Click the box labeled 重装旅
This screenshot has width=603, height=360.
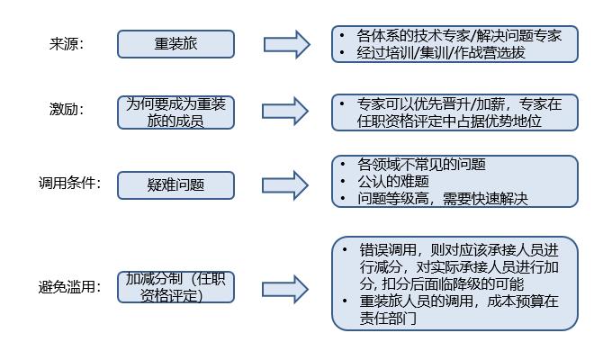point(175,44)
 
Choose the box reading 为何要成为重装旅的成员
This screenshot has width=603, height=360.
point(175,112)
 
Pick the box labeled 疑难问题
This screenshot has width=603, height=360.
point(175,185)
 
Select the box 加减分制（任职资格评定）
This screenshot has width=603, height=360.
point(175,287)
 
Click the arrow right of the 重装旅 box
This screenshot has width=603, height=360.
point(287,44)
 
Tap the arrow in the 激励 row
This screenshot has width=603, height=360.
point(285,112)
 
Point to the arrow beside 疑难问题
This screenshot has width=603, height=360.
point(285,185)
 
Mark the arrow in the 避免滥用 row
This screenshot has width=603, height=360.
point(285,289)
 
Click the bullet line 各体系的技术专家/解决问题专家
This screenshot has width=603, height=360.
point(459,36)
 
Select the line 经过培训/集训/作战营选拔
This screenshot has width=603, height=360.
point(441,53)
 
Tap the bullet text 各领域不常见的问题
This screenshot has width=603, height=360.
point(421,164)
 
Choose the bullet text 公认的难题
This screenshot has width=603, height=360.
point(393,181)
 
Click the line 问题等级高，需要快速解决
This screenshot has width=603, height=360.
point(443,199)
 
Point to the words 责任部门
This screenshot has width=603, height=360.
point(388,318)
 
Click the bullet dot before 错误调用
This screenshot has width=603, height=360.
point(345,249)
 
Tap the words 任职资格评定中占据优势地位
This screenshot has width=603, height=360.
point(449,121)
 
